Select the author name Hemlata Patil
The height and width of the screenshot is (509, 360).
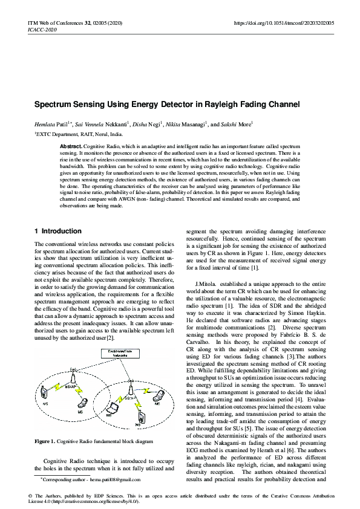[51, 124]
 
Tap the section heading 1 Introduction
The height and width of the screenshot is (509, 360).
[58, 231]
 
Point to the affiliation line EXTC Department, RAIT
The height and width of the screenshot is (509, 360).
[79, 135]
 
